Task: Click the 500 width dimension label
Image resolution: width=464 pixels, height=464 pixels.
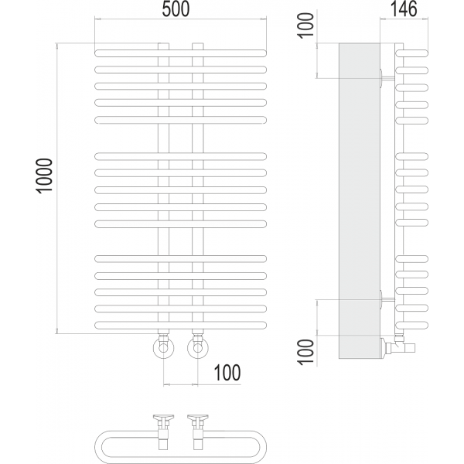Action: [176, 9]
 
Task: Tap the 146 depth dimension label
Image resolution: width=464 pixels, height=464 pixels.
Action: [404, 9]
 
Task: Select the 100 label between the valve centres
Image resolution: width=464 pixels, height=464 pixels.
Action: [227, 373]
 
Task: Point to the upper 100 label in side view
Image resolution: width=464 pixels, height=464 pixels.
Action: [306, 26]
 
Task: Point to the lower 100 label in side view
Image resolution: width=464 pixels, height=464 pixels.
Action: [306, 352]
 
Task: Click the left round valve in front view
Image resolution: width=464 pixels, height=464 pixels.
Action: [163, 348]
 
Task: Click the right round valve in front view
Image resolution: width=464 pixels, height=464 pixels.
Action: [198, 348]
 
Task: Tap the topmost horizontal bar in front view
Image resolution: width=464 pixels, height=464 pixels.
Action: [180, 53]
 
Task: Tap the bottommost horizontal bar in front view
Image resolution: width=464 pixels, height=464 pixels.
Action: [180, 326]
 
